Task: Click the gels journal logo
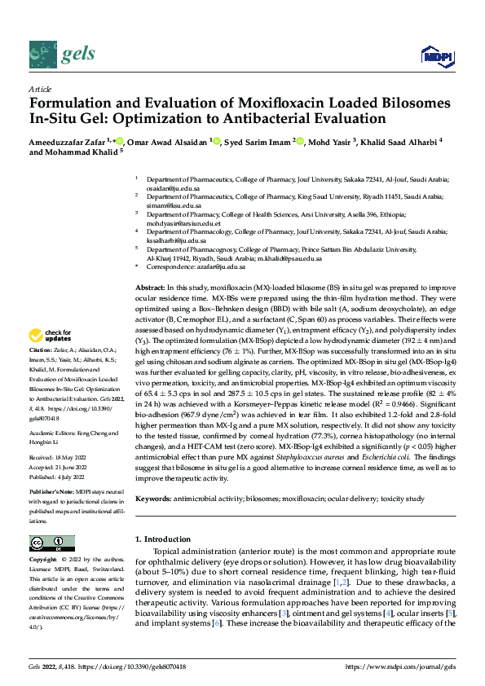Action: tap(63, 55)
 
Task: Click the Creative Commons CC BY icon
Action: tap(46, 543)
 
